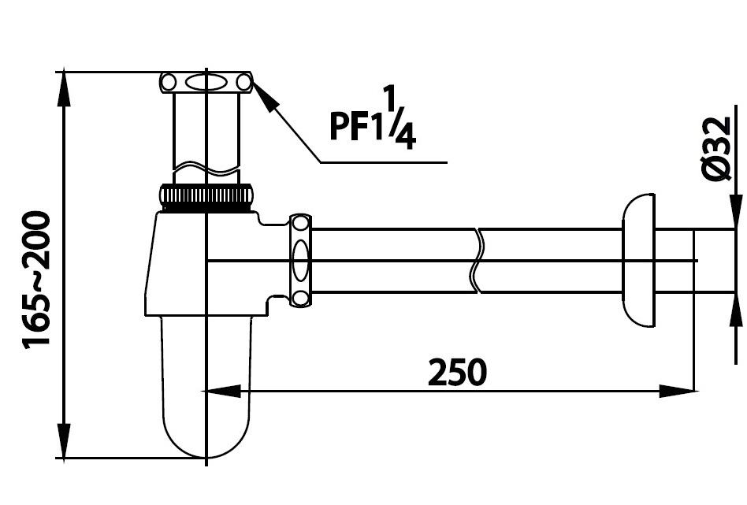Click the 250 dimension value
(457, 372)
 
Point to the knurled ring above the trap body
(206, 196)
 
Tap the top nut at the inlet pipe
(206, 82)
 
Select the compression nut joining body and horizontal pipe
(300, 259)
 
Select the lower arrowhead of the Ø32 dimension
(734, 308)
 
